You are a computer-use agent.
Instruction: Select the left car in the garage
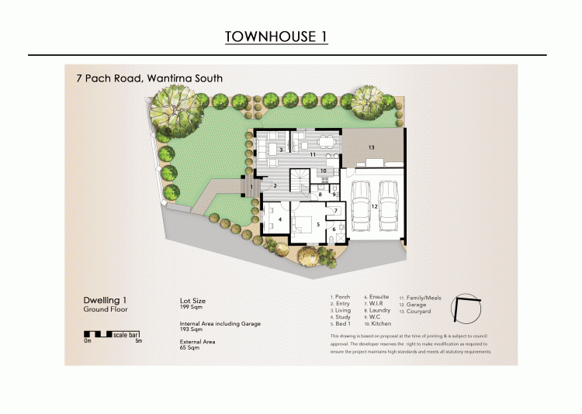pos(362,208)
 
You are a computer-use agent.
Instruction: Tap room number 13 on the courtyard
pos(372,147)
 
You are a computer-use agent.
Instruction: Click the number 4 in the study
pos(279,220)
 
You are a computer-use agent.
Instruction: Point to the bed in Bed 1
pos(304,225)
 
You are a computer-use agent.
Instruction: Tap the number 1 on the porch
pos(251,186)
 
